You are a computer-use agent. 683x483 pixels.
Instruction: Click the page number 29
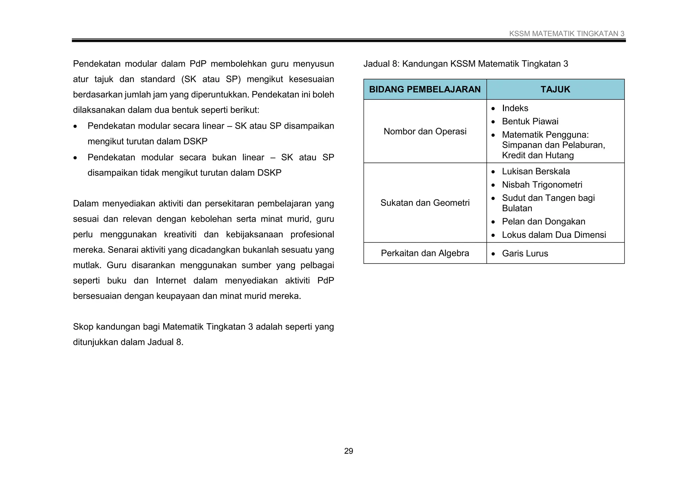349,451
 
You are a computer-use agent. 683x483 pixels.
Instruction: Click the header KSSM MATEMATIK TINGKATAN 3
567,34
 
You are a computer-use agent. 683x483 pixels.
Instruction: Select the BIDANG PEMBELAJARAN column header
425,89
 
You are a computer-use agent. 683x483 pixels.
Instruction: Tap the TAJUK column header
555,89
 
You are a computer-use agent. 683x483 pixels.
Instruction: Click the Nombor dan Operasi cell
425,131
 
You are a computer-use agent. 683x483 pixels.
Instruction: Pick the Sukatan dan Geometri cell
425,203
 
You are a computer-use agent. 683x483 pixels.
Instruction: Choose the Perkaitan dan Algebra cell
425,253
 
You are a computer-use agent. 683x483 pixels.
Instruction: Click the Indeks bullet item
515,108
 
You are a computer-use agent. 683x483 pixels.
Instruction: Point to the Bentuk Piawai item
530,121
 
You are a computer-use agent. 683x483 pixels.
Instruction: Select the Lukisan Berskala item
536,171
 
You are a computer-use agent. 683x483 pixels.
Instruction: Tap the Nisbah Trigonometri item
542,185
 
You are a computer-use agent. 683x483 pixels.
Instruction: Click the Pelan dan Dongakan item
544,221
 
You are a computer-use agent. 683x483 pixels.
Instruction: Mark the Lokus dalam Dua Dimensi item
554,235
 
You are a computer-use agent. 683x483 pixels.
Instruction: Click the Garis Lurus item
525,254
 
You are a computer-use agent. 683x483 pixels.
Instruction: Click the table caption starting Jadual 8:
466,64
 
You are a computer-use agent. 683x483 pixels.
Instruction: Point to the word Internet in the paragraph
171,281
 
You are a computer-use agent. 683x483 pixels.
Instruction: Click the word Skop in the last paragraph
83,327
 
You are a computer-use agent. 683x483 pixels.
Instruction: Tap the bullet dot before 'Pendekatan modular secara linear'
75,127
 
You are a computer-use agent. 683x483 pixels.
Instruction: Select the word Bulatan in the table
517,208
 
